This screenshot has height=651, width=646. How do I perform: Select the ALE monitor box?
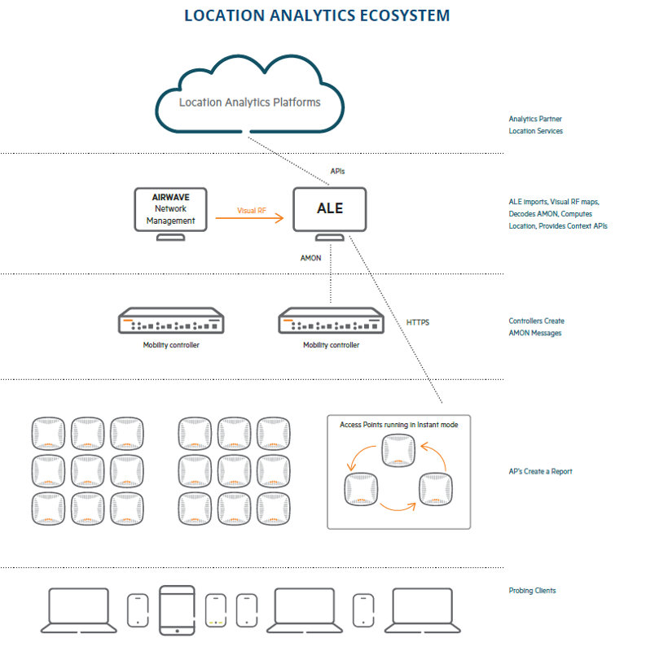click(329, 210)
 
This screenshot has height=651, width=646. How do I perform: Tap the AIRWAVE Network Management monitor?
click(170, 210)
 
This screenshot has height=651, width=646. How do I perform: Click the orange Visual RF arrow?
click(260, 218)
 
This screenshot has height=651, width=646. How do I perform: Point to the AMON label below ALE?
click(311, 258)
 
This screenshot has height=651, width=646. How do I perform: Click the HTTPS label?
click(418, 322)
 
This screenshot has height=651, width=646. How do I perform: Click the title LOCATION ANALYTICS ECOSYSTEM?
click(317, 15)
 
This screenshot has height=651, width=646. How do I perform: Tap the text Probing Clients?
click(532, 591)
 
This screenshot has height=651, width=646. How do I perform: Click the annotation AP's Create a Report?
click(540, 471)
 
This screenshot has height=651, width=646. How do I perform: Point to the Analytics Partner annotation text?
click(535, 119)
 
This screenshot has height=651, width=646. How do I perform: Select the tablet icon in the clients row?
click(178, 609)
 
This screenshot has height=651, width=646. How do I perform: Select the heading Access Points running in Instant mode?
click(398, 425)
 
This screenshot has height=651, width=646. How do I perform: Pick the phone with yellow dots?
click(216, 609)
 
